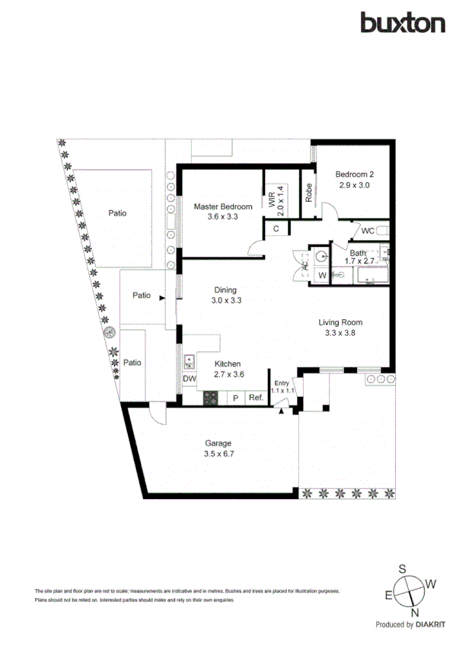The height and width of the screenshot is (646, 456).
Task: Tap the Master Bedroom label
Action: (222, 211)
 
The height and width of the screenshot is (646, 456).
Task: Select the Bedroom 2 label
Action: (355, 180)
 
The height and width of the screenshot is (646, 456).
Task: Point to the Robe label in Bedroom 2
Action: (309, 193)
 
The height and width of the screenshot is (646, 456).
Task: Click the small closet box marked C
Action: (276, 229)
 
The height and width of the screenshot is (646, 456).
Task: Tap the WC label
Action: (367, 230)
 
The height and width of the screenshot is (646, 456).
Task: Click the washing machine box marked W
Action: (321, 275)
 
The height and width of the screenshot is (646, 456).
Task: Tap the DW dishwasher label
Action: (190, 379)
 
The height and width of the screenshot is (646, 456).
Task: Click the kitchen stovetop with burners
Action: (211, 397)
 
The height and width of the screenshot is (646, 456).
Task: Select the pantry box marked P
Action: (236, 398)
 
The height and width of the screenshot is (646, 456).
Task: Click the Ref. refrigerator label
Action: (256, 398)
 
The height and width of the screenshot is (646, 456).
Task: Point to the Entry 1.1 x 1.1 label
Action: (282, 386)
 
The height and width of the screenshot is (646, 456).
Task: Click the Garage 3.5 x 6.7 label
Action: (217, 448)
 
